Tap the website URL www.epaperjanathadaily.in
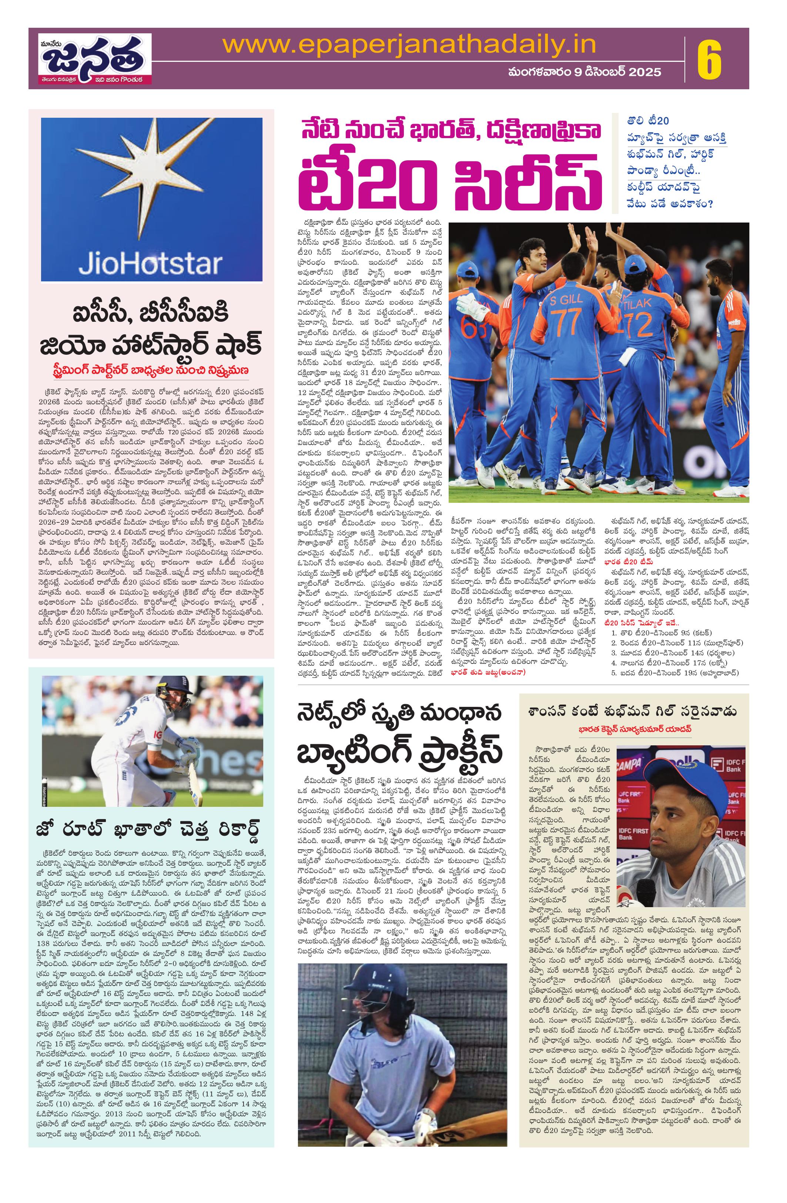pyautogui.click(x=409, y=46)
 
